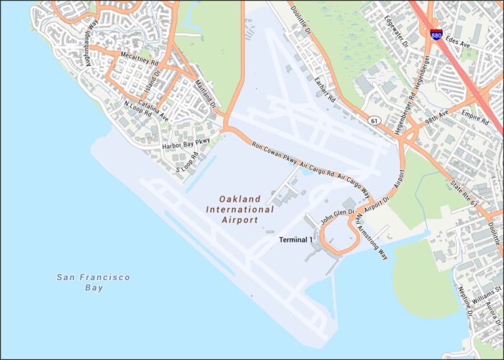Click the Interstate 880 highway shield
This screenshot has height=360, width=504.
436,34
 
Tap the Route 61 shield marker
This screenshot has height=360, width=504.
375,120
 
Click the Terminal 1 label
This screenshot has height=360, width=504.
296,240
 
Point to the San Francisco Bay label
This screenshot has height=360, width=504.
94,282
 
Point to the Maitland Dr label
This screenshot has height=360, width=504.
204,94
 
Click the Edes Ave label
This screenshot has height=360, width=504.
457,42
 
